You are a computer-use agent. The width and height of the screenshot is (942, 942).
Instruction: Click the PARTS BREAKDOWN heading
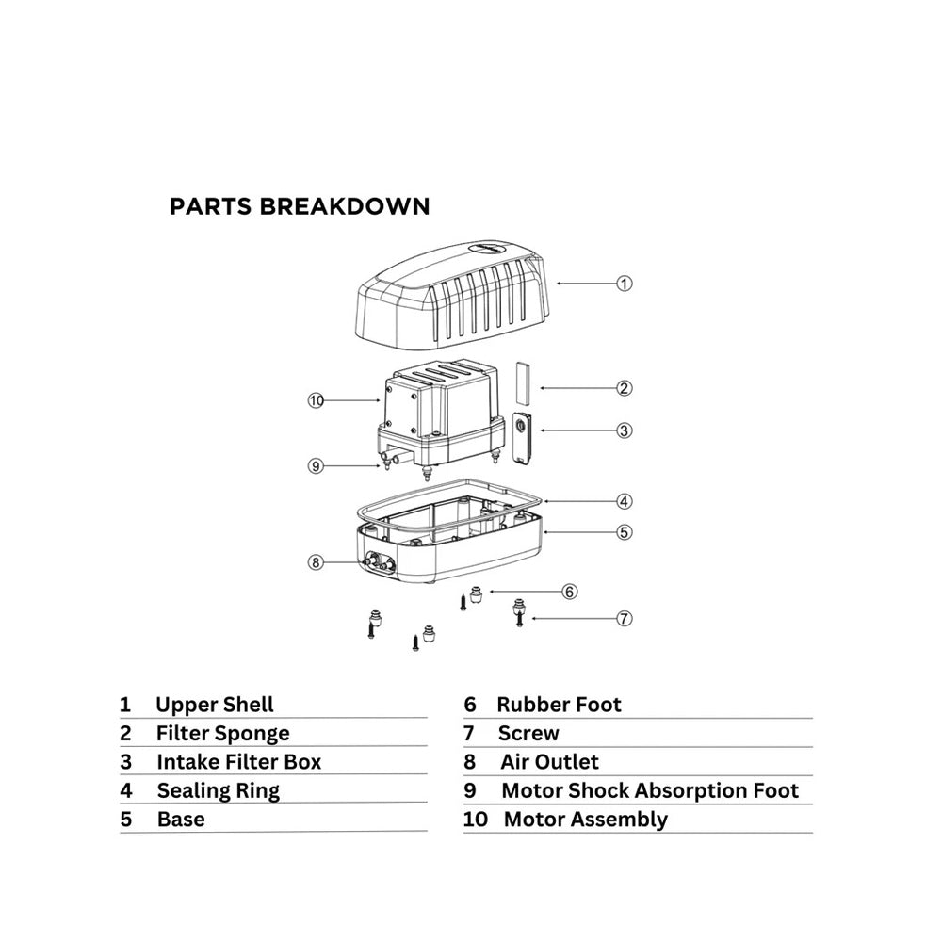point(300,206)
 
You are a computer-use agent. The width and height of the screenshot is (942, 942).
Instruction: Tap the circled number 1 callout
point(625,284)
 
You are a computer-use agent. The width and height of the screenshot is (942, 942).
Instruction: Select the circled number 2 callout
point(625,388)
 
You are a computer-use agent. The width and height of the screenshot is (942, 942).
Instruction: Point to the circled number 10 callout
point(316,400)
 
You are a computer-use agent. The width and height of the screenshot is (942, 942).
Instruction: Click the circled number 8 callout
point(316,562)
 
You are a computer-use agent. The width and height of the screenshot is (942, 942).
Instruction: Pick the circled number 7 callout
point(625,618)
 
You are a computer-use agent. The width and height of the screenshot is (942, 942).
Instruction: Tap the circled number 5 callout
point(625,532)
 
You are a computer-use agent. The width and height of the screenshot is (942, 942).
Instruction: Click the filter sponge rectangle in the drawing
point(523,382)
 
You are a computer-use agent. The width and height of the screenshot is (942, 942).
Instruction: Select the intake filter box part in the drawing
point(521,438)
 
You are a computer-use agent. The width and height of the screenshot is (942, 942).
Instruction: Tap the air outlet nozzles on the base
point(379,563)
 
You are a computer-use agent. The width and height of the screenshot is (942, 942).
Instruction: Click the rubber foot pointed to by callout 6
point(477,595)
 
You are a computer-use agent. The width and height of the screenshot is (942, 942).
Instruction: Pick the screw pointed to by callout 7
point(520,618)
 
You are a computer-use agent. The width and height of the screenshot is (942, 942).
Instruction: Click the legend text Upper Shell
point(215,705)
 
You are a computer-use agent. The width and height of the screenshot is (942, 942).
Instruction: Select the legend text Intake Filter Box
point(239,762)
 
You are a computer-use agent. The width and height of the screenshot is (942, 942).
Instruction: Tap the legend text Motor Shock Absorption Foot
point(650,790)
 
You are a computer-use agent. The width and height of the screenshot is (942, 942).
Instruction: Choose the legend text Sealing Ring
point(219,791)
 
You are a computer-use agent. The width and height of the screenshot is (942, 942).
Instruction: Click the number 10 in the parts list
point(475,820)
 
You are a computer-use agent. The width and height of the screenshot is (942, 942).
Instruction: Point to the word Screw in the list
point(528,734)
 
